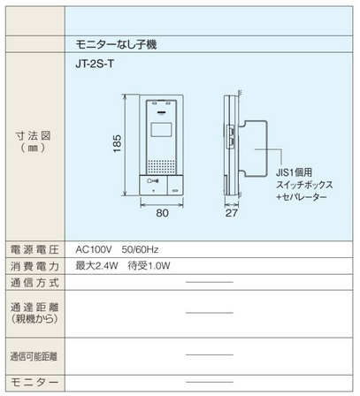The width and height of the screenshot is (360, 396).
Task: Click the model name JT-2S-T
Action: pos(95,64)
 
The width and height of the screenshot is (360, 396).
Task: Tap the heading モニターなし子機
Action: pos(116,44)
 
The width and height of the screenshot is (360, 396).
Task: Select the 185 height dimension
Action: pos(118,143)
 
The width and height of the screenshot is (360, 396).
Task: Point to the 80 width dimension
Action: pos(162,213)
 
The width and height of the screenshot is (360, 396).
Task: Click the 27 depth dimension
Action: pos(232,213)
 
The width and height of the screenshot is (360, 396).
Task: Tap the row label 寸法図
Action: pos(33,136)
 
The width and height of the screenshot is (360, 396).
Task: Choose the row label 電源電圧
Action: pos(34,250)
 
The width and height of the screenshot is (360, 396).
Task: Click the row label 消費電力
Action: pos(34,266)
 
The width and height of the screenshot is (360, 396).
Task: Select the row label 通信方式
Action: pos(34,283)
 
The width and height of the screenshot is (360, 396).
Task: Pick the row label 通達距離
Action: pos(34,308)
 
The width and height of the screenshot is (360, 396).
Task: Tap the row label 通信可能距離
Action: pos(34,357)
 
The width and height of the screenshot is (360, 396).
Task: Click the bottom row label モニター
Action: pos(34,383)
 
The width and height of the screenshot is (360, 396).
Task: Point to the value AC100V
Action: pos(94,250)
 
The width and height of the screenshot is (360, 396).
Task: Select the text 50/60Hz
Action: pos(140,250)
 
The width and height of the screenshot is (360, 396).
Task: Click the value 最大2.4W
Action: pos(96,266)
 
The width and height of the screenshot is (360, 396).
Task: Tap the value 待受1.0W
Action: pos(149,266)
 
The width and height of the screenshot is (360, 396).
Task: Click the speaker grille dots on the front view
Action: pos(161,166)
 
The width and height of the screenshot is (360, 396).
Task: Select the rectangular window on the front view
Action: pos(161,129)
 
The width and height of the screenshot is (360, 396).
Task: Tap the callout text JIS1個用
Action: pos(295,173)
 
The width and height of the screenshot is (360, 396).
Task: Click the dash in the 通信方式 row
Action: pos(210,282)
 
